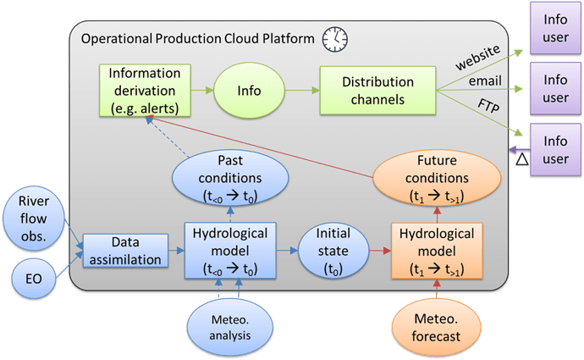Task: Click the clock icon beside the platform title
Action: click(x=335, y=39)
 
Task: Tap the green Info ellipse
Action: click(x=249, y=90)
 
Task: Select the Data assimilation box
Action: click(x=125, y=252)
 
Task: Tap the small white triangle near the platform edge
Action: click(x=523, y=158)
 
